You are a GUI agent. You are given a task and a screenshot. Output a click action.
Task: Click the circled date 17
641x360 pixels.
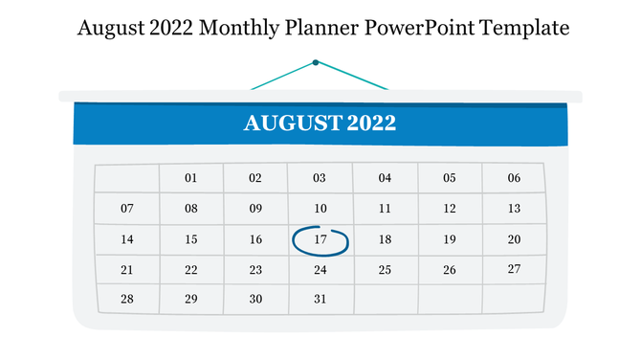[320, 239]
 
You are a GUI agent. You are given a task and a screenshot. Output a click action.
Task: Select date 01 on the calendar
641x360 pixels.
[190, 178]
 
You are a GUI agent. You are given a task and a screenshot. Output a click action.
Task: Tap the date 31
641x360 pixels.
[320, 299]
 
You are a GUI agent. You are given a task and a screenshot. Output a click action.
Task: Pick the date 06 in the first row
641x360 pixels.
[514, 178]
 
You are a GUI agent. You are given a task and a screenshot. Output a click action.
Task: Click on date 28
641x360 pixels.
[127, 299]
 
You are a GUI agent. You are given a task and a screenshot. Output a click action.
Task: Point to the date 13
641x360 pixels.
[514, 208]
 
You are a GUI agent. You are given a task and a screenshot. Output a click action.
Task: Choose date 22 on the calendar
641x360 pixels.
[191, 270]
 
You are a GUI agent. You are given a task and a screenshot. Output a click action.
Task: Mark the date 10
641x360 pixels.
[320, 208]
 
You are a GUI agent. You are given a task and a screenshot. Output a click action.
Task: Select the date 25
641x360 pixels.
[385, 270]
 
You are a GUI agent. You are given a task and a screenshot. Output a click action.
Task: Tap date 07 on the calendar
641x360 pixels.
[127, 208]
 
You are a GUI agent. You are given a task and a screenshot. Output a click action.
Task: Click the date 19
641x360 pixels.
[449, 239]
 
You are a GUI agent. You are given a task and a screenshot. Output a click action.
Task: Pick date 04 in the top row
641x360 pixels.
[385, 178]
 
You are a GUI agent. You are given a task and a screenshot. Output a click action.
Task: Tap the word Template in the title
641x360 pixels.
[525, 29]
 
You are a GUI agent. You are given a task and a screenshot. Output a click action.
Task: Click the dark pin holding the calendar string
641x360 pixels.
[316, 62]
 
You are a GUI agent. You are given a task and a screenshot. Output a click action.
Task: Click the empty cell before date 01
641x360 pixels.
[127, 178]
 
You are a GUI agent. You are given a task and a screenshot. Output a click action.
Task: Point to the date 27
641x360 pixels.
[514, 269]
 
